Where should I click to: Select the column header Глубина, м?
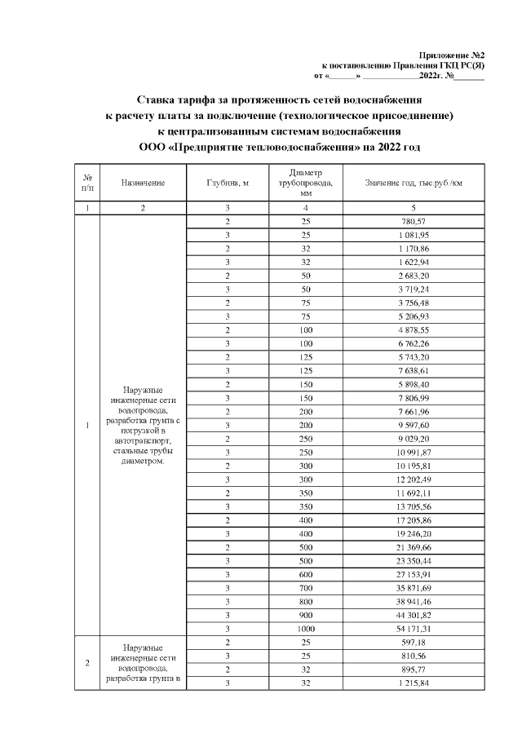click(228, 183)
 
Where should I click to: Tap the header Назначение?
click(143, 183)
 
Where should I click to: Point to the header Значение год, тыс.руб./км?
click(414, 183)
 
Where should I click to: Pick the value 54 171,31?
click(414, 629)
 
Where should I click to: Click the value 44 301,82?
click(414, 614)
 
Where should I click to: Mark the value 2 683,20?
click(414, 281)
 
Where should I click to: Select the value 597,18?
click(414, 643)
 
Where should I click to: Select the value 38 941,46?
click(414, 599)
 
